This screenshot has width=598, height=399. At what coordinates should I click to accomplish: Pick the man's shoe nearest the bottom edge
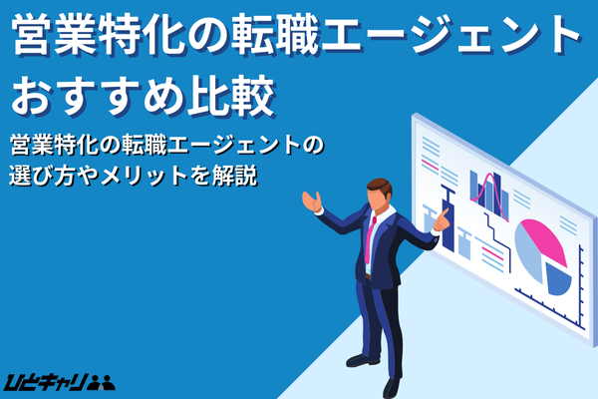392,387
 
